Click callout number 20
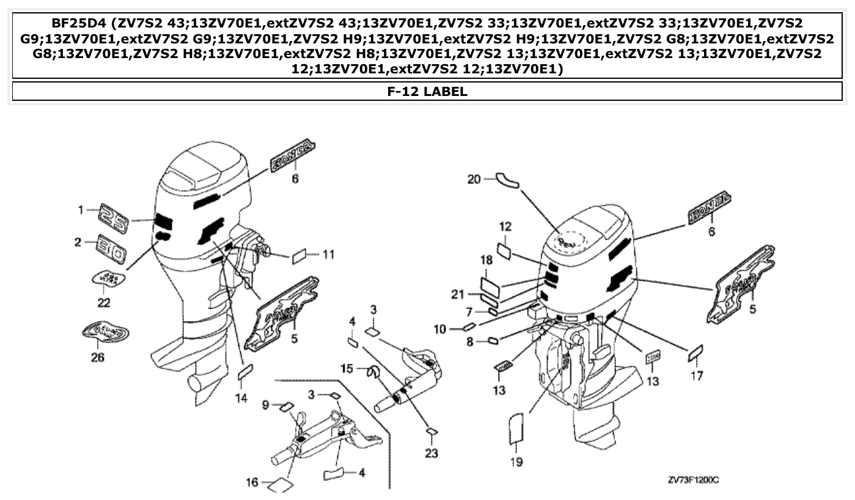point(474,179)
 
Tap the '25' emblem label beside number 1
point(114,218)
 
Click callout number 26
point(97,358)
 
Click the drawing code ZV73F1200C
point(693,480)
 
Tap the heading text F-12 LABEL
point(427,92)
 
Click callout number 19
point(516,462)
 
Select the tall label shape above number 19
point(516,427)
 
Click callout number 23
point(432,454)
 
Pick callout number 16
point(252,482)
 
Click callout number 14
point(241,398)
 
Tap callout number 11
point(329,254)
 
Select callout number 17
point(697,375)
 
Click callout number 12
point(505,227)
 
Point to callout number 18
point(486,260)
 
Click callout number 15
point(347,368)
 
